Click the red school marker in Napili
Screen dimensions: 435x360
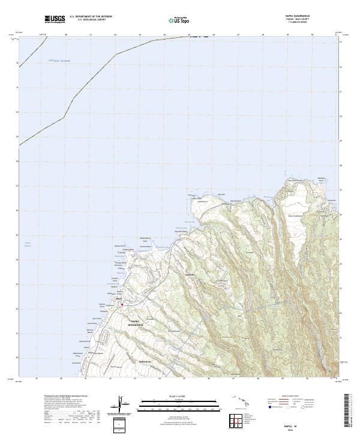122,305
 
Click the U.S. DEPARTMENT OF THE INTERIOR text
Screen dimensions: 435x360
92,17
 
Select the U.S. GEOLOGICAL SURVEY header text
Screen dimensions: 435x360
92,20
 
